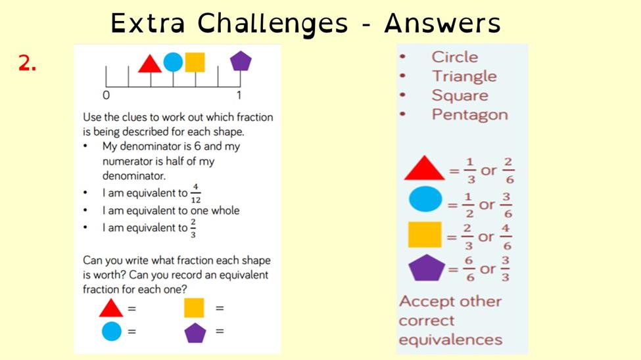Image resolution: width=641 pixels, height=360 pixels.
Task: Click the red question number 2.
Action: pos(28,63)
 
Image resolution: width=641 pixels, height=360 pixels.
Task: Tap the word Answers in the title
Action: pos(442,23)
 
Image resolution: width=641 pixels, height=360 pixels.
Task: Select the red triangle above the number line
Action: pos(150,64)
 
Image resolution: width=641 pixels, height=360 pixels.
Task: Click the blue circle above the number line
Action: pos(173,62)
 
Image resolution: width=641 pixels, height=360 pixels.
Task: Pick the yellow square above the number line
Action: pos(195,62)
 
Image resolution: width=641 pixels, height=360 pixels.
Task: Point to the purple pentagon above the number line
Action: pos(241,61)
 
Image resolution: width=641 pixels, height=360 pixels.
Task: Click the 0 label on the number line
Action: pos(107,95)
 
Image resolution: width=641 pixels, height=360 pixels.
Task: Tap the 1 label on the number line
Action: pos(239,95)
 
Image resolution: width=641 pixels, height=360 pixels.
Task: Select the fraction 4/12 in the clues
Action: pos(196,193)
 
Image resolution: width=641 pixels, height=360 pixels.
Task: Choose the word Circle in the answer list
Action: pos(454,56)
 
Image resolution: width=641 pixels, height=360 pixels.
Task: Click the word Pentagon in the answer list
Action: pos(469,115)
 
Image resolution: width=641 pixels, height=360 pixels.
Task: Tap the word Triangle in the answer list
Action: pos(464,76)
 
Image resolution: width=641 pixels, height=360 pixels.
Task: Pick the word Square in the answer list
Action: pos(460,95)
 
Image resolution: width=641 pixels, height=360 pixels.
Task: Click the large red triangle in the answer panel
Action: pos(424,168)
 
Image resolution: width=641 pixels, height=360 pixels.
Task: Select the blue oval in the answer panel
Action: pos(425,199)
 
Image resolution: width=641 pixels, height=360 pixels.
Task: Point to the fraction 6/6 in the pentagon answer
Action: pos(469,269)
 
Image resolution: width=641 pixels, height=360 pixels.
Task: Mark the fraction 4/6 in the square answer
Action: pos(506,237)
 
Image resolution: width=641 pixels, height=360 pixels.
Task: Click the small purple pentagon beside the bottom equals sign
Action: pos(195,332)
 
